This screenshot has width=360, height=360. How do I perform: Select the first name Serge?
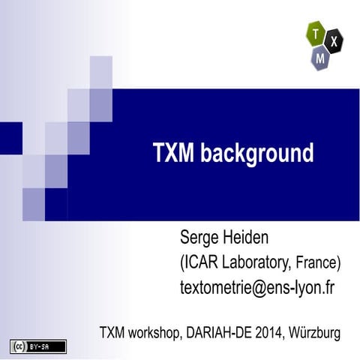pyautogui.click(x=201, y=238)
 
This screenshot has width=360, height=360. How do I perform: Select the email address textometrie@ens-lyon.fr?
pyautogui.click(x=256, y=287)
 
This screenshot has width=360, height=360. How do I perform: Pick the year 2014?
pyautogui.click(x=268, y=331)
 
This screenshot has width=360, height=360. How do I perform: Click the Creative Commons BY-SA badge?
pyautogui.click(x=38, y=346)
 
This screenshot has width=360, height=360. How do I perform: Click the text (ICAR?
pyautogui.click(x=199, y=263)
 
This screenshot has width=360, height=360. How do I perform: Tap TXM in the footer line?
pyautogui.click(x=113, y=331)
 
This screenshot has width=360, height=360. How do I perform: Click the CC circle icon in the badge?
pyautogui.click(x=19, y=346)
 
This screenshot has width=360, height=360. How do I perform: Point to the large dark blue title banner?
pyautogui.click(x=225, y=135)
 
